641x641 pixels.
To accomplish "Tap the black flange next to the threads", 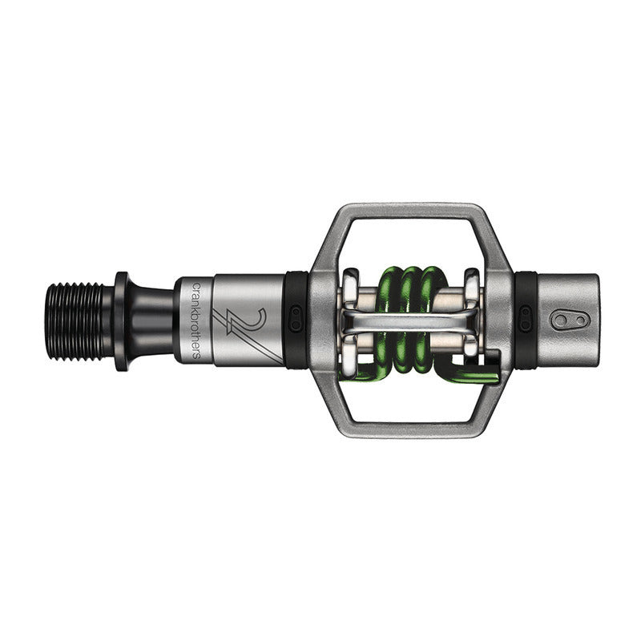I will point(122,320).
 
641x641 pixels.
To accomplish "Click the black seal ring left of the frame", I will point(296,320).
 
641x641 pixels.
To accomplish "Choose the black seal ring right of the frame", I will point(526,320).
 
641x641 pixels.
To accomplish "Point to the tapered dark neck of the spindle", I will point(152,320).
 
